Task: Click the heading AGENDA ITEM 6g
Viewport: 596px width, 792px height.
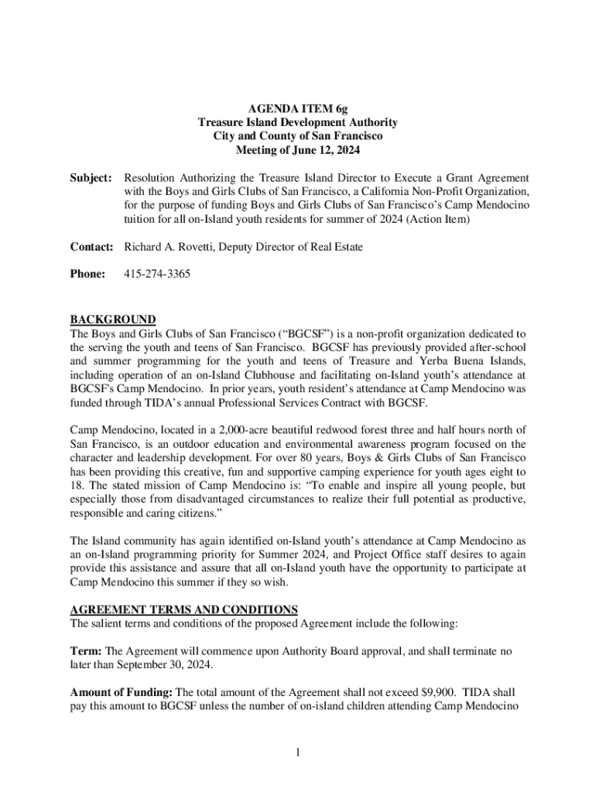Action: tap(297, 108)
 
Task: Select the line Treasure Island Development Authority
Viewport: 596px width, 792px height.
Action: tap(297, 122)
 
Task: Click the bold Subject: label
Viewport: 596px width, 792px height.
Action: tap(92, 178)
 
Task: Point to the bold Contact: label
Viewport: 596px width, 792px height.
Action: tap(93, 247)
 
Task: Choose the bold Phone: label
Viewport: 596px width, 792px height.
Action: tap(87, 274)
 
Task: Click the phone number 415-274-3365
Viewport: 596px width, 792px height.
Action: tap(157, 274)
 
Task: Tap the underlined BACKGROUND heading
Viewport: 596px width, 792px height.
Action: tap(113, 319)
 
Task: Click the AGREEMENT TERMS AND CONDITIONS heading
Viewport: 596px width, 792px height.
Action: tap(183, 609)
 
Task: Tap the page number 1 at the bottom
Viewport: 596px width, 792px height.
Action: tap(297, 754)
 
